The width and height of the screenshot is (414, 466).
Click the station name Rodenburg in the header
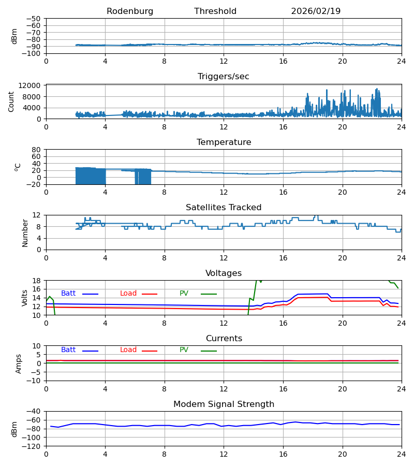click(x=130, y=11)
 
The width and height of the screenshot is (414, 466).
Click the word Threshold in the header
click(x=215, y=11)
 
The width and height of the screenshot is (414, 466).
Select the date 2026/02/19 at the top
click(x=316, y=11)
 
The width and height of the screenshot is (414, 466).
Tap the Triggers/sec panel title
click(x=224, y=77)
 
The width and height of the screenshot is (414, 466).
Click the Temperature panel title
click(x=224, y=142)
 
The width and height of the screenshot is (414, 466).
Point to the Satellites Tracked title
click(x=224, y=208)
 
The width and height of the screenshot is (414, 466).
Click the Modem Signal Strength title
click(x=224, y=404)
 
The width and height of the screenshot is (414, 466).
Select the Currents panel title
click(x=224, y=339)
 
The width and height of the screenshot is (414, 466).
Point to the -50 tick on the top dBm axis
click(x=36, y=19)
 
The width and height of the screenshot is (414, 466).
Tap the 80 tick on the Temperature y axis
click(x=36, y=150)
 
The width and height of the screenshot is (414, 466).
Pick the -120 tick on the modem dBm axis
click(x=33, y=446)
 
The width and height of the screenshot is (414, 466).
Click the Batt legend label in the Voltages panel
click(x=68, y=294)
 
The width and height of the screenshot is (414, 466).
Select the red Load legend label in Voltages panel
click(x=128, y=294)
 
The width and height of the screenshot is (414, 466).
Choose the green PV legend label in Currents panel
click(x=184, y=350)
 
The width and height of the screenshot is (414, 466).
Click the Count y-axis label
click(x=11, y=101)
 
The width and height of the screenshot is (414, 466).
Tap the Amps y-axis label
click(x=19, y=363)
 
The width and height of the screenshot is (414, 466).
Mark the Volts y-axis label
click(x=25, y=298)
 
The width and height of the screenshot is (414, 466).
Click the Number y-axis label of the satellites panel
click(x=25, y=232)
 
